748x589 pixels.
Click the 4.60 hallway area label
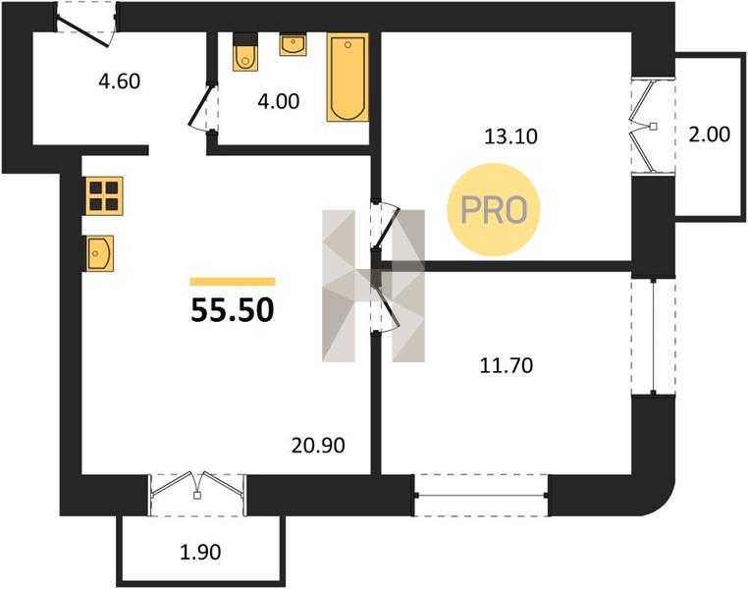point(119,81)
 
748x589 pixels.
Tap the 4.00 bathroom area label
point(279,101)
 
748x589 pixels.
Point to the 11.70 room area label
point(507,366)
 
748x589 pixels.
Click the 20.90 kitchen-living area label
point(318,446)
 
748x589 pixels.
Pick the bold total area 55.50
point(233,310)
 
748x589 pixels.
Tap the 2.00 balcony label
point(710,134)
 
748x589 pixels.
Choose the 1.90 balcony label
point(200,553)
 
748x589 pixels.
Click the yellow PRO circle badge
point(493,210)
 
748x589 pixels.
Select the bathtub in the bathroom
point(347,78)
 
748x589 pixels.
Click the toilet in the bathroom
point(245,52)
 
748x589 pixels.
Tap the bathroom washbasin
point(293,45)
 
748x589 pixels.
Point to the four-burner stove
point(104,195)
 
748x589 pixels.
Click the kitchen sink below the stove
point(100,253)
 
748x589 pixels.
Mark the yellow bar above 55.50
point(233,282)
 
